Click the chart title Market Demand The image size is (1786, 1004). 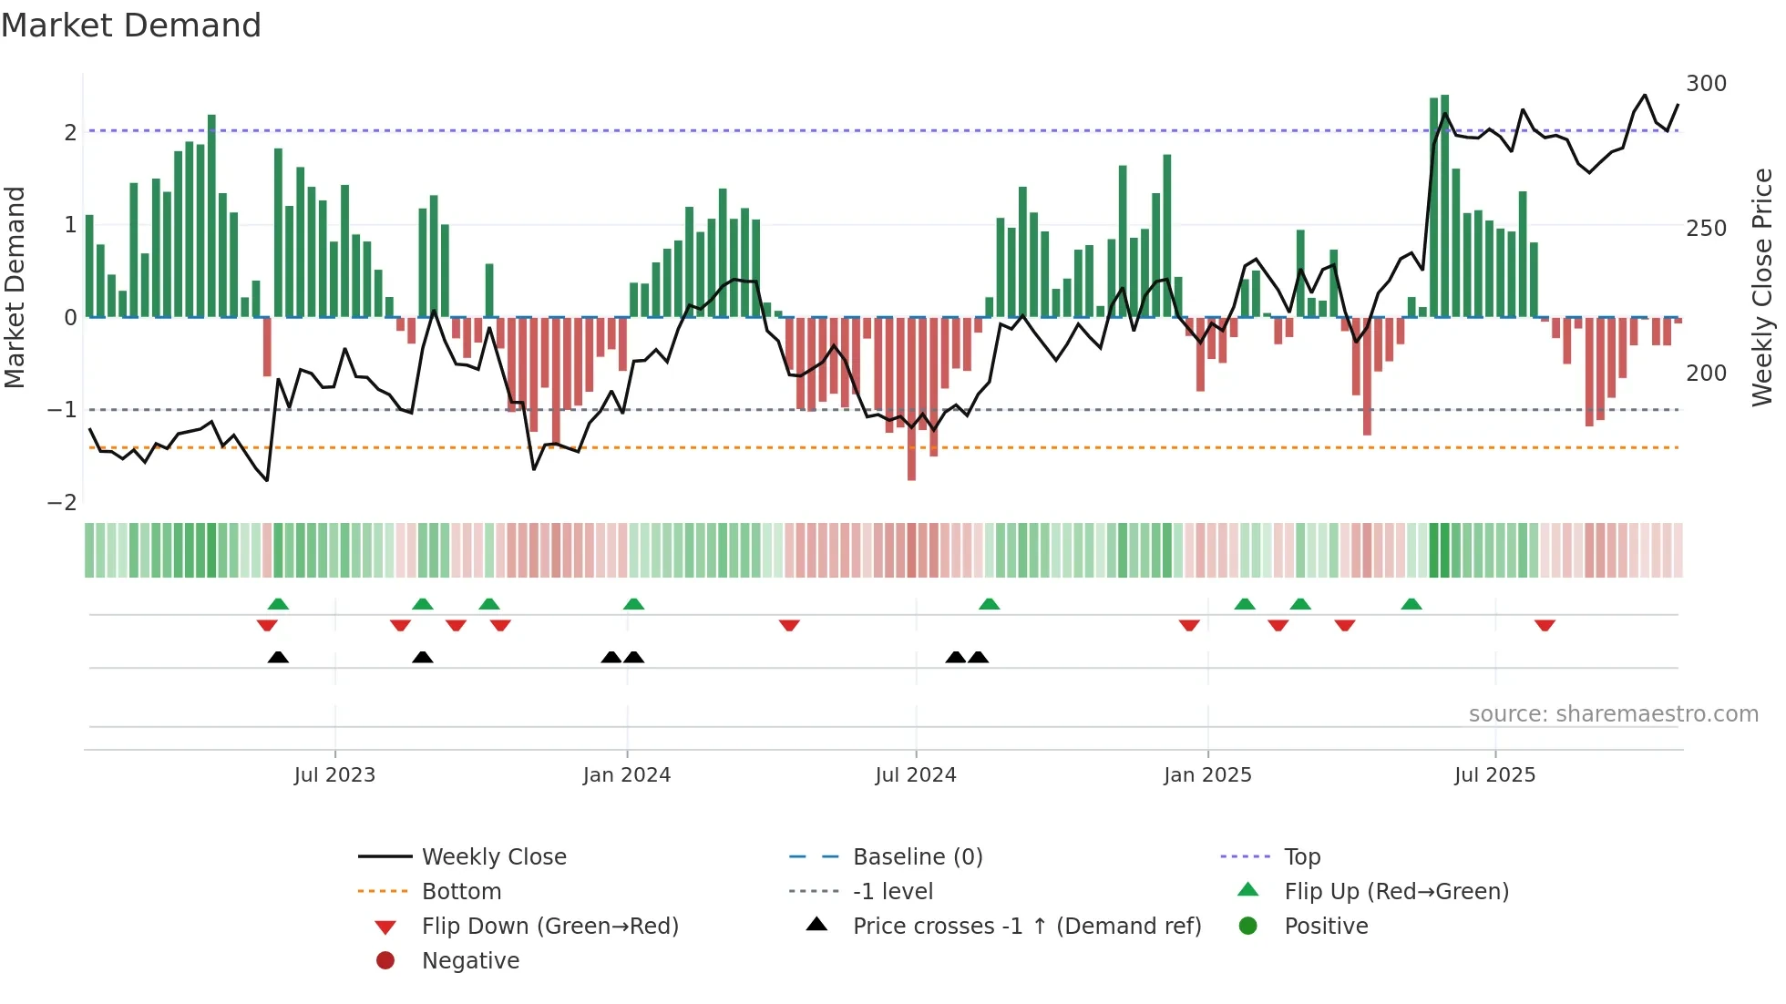coord(131,26)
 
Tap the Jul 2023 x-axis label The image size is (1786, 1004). coord(334,775)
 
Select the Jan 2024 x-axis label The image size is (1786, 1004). coord(627,775)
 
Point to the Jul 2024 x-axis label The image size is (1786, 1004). coord(916,775)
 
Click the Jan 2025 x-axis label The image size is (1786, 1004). coord(1207,775)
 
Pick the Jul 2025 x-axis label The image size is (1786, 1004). coord(1495,775)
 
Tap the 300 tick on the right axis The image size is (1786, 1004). coord(1706,84)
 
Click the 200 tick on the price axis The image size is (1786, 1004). coord(1706,374)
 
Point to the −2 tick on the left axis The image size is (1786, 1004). coord(62,503)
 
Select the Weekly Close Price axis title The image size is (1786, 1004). coord(1762,287)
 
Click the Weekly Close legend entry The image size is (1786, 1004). coord(494,857)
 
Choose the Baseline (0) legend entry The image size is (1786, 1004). coord(918,857)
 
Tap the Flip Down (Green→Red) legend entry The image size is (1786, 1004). coord(549,927)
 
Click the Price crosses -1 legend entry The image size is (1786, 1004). coord(1026,927)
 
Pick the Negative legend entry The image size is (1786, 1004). coord(470,961)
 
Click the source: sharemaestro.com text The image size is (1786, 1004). coord(1613,714)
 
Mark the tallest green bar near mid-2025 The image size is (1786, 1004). coord(1445,205)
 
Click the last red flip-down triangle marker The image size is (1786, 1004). coord(1545,626)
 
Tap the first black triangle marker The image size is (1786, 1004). coord(278,657)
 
